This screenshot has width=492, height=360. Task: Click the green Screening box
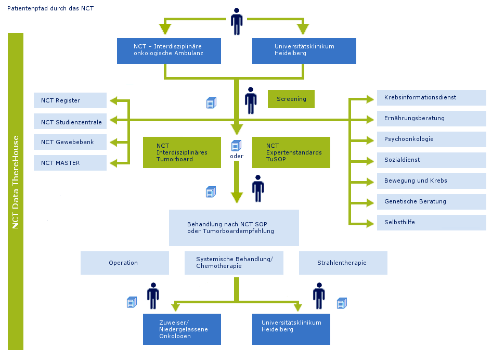pyautogui.click(x=291, y=99)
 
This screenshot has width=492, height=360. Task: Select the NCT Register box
pyautogui.click(x=70, y=100)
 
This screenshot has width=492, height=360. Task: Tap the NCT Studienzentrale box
pyautogui.click(x=70, y=122)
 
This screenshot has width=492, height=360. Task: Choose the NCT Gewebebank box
pyautogui.click(x=70, y=142)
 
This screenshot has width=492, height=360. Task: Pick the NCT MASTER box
pyautogui.click(x=70, y=163)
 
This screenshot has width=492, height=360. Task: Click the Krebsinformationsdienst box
pyautogui.click(x=431, y=97)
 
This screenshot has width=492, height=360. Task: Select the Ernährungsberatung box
pyautogui.click(x=431, y=118)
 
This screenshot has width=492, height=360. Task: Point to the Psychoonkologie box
pyautogui.click(x=431, y=139)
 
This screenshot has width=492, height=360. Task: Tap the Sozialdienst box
pyautogui.click(x=431, y=160)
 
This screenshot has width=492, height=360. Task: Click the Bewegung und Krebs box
pyautogui.click(x=431, y=181)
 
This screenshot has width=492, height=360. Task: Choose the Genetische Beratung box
pyautogui.click(x=431, y=201)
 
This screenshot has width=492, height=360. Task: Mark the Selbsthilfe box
pyautogui.click(x=431, y=222)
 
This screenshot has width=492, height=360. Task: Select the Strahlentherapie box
pyautogui.click(x=343, y=263)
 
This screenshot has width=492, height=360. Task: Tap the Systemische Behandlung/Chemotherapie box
pyautogui.click(x=234, y=263)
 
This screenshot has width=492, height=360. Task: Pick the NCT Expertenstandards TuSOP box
pyautogui.click(x=291, y=152)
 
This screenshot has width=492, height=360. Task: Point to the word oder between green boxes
pyautogui.click(x=237, y=156)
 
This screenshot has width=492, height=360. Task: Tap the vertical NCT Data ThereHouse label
pyautogui.click(x=16, y=182)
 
